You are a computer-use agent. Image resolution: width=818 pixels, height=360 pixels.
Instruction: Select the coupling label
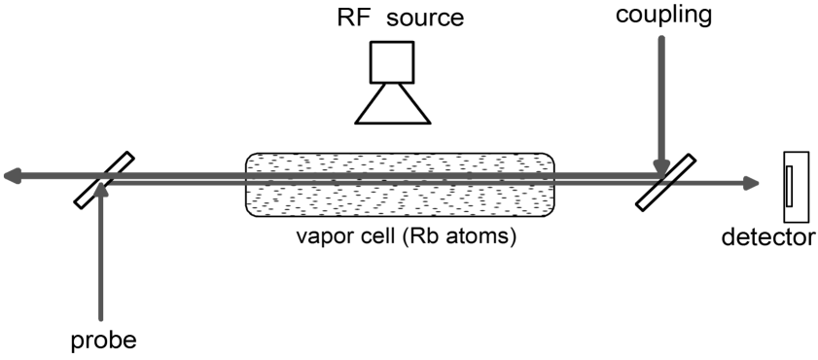point(663,16)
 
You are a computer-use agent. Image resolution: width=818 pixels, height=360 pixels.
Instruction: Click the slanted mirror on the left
point(103,179)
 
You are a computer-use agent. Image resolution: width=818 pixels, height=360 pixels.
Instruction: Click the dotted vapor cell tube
point(400,185)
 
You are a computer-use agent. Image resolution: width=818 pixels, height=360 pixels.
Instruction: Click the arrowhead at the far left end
point(12,175)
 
